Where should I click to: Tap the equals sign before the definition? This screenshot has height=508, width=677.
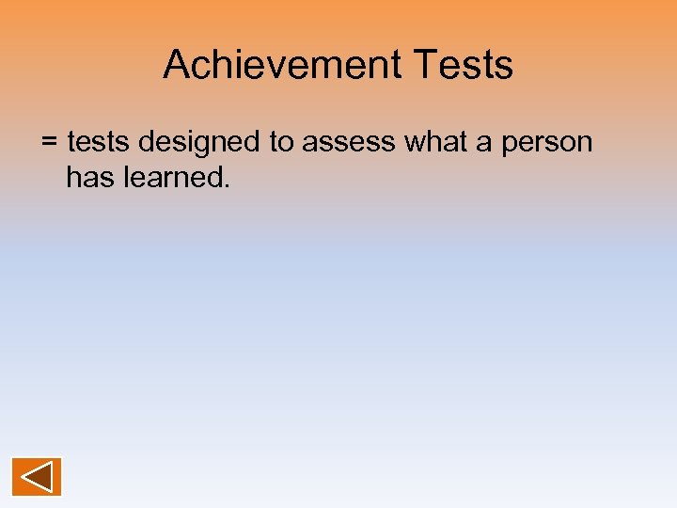[50, 143]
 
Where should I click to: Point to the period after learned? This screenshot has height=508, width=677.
[226, 184]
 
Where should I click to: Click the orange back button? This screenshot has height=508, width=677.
[37, 476]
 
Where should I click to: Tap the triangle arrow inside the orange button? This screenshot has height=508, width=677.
[36, 476]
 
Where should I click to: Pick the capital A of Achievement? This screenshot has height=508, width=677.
[176, 65]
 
